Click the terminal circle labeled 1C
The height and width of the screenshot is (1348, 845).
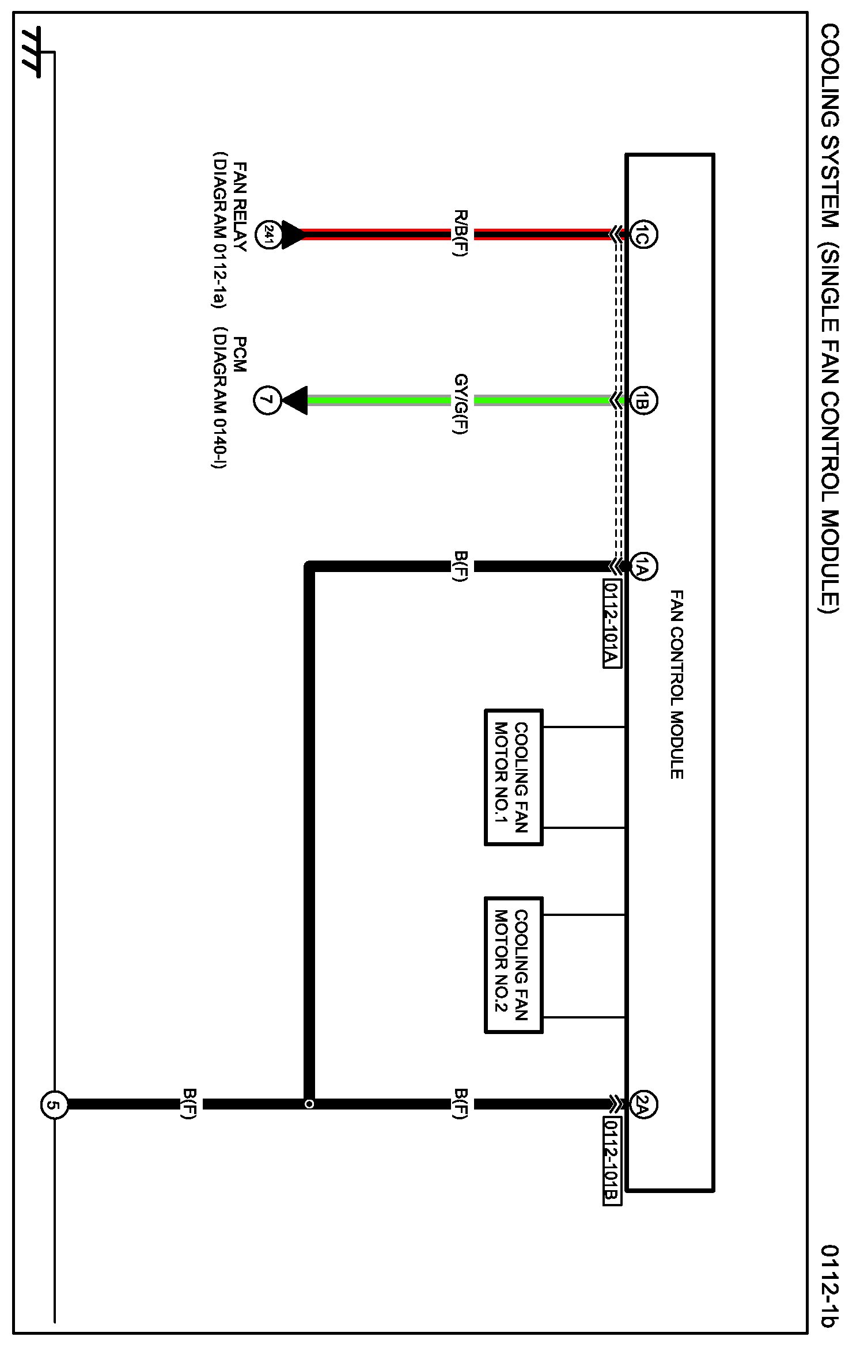point(643,234)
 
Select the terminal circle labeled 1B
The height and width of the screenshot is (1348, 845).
point(643,400)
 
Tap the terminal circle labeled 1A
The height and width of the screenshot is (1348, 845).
point(643,567)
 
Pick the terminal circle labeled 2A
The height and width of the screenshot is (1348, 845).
point(643,1104)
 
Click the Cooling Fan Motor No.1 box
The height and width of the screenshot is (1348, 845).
point(514,778)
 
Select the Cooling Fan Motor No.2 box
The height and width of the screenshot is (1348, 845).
point(514,965)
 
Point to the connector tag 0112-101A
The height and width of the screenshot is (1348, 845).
point(612,624)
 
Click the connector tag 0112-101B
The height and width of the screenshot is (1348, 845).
point(612,1161)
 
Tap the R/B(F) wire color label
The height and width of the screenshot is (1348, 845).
point(461,233)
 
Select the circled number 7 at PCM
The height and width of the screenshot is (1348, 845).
point(267,400)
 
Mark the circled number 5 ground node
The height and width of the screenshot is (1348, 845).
point(54,1105)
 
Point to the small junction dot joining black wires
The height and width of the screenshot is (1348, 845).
point(309,1104)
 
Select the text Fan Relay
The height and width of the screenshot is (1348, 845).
point(240,207)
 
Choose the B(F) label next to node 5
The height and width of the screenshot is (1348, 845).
point(189,1104)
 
